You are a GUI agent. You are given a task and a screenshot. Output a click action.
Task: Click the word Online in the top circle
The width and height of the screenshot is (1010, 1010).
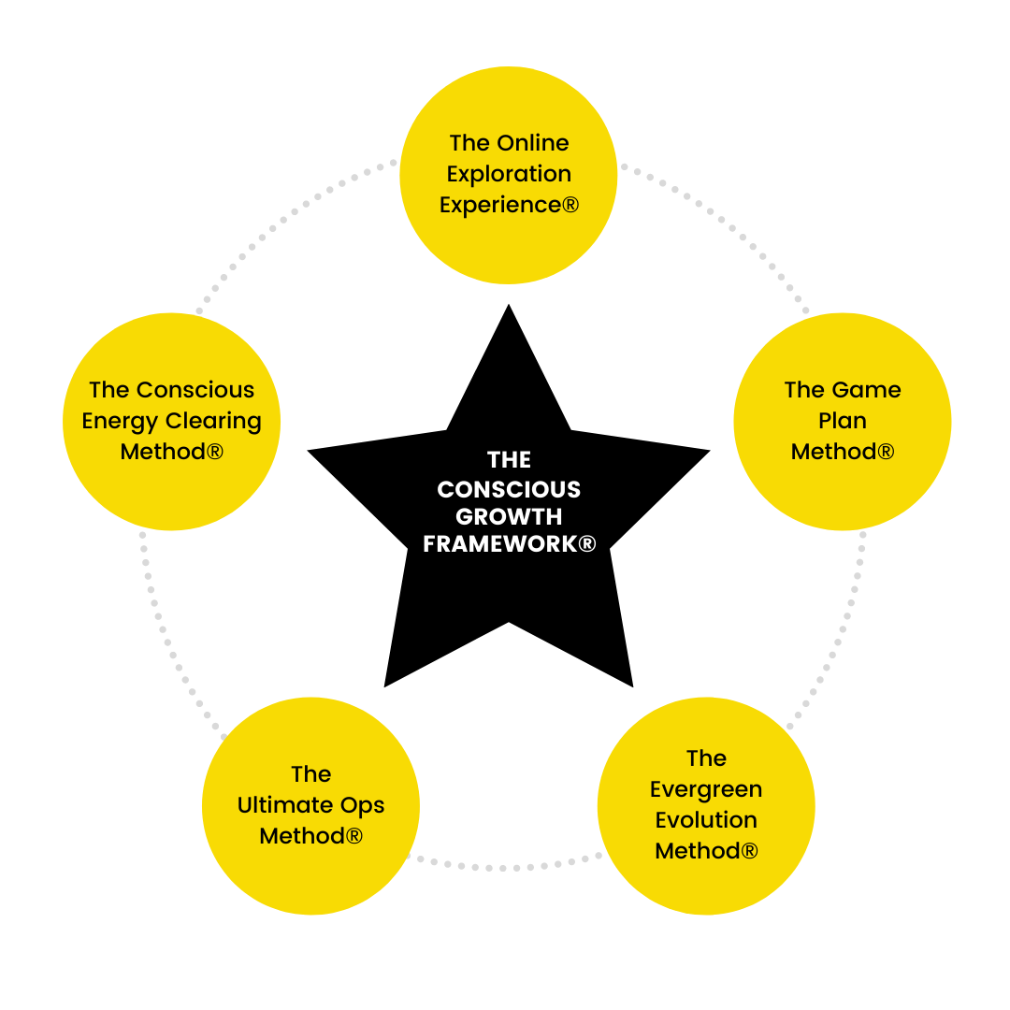[x=533, y=143]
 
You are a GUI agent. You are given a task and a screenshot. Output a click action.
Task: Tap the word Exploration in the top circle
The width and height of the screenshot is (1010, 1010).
[x=509, y=174]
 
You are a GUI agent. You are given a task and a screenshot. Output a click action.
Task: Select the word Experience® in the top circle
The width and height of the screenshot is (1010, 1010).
[x=509, y=205]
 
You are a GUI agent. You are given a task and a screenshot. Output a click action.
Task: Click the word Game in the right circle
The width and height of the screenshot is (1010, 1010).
[x=865, y=390]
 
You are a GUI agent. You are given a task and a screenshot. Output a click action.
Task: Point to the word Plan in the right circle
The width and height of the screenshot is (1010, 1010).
[x=842, y=421]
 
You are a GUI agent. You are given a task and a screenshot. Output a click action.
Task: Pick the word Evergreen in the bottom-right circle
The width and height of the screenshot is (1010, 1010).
[x=706, y=789]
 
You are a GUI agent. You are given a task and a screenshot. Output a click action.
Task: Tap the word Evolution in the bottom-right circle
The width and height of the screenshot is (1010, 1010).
[x=706, y=820]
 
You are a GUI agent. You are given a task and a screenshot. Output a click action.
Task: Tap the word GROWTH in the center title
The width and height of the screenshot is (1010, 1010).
[x=509, y=516]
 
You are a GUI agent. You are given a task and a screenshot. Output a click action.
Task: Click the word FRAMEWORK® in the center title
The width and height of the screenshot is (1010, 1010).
[x=509, y=544]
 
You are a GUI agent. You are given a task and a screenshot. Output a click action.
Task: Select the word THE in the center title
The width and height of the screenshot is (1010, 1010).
[x=509, y=460]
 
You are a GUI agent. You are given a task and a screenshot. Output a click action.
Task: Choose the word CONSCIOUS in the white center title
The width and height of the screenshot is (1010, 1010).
[x=509, y=489]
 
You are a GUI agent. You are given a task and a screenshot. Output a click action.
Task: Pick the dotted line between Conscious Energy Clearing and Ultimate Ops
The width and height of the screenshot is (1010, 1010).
[x=168, y=636]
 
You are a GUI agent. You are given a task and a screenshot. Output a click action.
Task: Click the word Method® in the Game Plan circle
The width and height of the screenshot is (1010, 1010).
[x=842, y=452]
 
